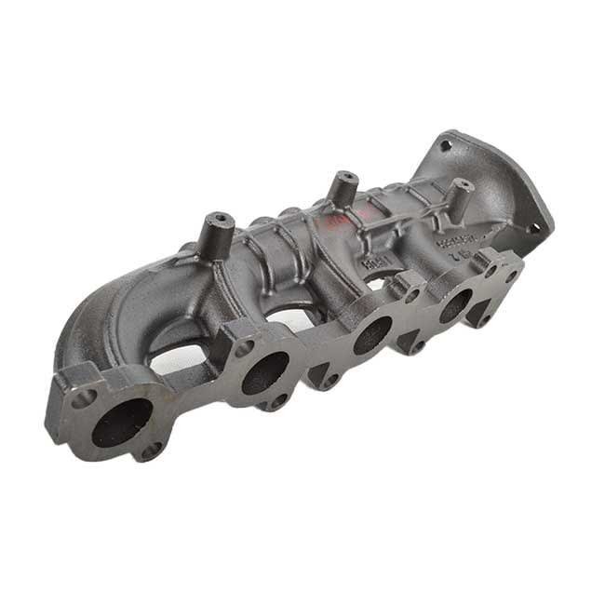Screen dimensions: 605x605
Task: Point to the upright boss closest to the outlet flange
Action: pyautogui.click(x=458, y=196)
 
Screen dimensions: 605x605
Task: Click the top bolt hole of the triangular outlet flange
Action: pyautogui.click(x=445, y=146)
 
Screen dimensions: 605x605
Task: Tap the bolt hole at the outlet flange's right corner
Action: pyautogui.click(x=532, y=226)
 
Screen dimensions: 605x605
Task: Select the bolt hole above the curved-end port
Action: pyautogui.click(x=84, y=397)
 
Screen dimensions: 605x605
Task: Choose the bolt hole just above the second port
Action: pyautogui.click(x=244, y=348)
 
